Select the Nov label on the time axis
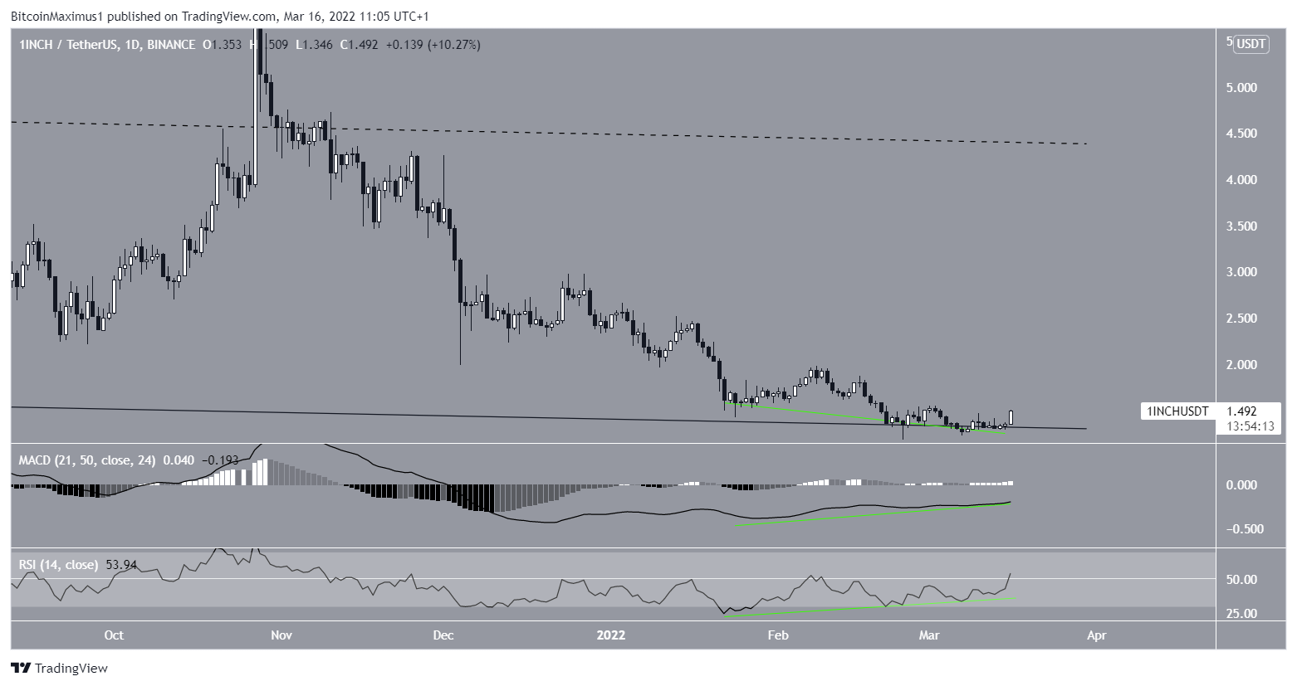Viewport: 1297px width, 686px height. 281,635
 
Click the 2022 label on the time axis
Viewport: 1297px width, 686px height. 611,635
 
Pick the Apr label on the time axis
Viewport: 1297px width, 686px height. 1096,635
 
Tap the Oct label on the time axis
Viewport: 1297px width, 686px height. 114,635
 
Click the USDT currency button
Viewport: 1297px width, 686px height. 1251,45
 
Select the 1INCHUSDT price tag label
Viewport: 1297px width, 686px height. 1177,411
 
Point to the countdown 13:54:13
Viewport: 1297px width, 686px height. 1246,426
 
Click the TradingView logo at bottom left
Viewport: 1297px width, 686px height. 59,668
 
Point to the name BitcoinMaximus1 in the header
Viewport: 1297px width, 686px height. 54,16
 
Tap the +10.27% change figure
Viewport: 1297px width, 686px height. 453,45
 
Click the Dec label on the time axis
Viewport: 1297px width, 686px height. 443,635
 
